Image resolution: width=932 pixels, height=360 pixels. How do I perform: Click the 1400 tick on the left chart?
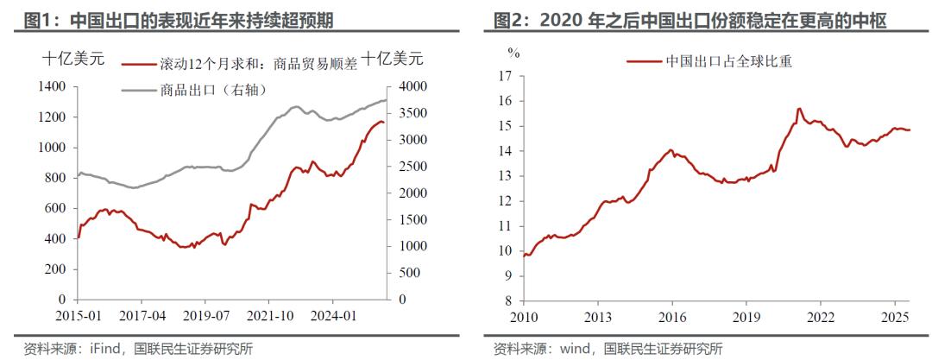click(53, 86)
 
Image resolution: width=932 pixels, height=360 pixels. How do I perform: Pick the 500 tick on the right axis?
click(400, 272)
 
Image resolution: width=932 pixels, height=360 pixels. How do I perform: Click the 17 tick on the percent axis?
click(507, 76)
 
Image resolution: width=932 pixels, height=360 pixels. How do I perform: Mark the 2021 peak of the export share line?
click(799, 109)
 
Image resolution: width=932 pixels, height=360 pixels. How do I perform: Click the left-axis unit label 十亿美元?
click(73, 60)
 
